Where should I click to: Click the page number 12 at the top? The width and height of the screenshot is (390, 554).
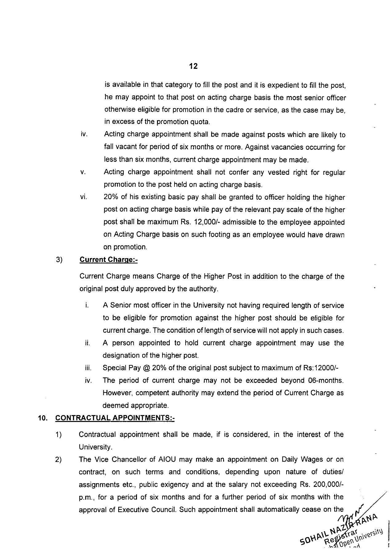coord(193,66)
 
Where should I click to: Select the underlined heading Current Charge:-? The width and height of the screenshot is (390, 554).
coord(108,260)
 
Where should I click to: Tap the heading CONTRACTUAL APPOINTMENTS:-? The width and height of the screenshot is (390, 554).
coord(115,418)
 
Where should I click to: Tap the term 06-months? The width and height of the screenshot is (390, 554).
coord(326,380)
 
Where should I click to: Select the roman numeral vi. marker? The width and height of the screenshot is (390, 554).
coord(83,197)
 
